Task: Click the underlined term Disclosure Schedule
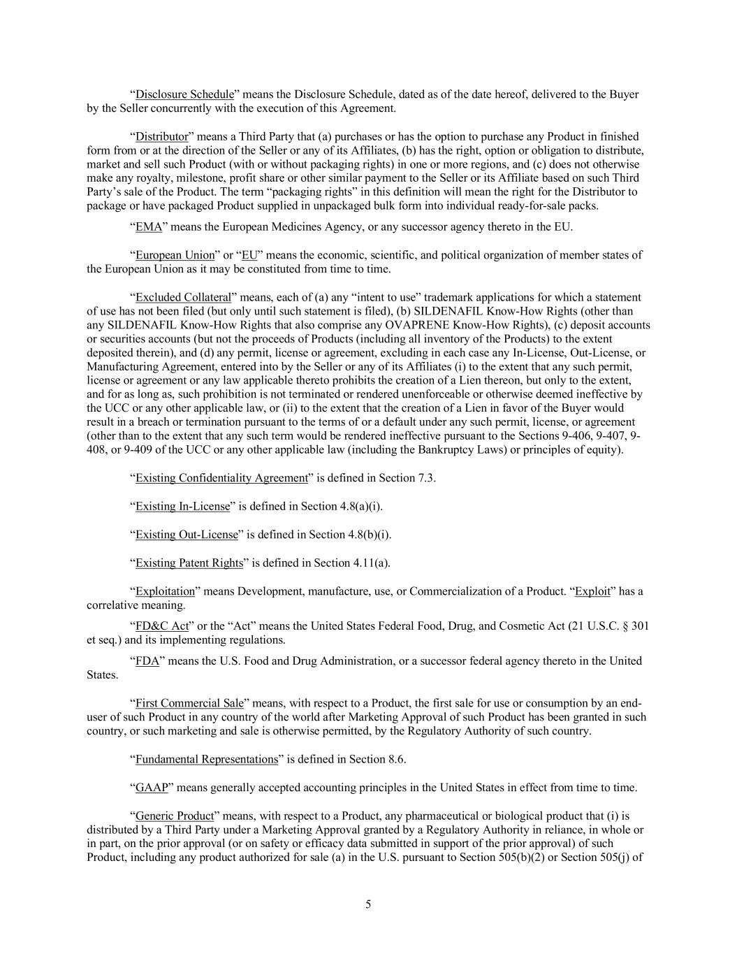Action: click(184, 94)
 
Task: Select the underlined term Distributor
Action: click(161, 136)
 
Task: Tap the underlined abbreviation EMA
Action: click(148, 226)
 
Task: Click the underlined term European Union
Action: click(175, 255)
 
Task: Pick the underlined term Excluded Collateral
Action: click(182, 298)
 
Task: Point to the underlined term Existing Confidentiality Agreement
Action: click(221, 478)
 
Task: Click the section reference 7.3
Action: click(427, 478)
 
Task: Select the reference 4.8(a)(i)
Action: click(360, 507)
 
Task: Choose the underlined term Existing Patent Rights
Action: click(189, 563)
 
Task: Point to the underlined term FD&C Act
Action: click(161, 626)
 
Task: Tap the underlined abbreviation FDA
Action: click(147, 660)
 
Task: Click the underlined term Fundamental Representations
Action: click(206, 759)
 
